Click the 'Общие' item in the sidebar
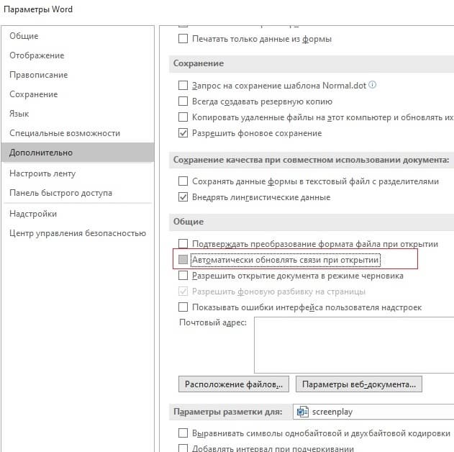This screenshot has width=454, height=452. coord(24,36)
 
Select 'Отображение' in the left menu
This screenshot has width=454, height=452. coord(37,55)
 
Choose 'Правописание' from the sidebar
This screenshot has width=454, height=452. coord(39,75)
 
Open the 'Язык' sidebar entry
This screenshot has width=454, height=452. coord(19,114)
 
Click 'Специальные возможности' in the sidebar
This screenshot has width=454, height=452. coord(65,133)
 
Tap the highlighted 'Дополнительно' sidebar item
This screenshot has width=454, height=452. coord(41,153)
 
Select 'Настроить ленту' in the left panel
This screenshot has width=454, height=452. coord(42,173)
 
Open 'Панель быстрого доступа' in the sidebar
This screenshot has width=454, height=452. coord(60,193)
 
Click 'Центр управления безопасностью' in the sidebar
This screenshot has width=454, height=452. coord(78,233)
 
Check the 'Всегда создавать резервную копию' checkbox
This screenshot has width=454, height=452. coord(183,101)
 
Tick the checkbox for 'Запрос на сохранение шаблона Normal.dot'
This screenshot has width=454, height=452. coord(183,85)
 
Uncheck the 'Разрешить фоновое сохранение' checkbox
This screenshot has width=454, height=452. coord(183,133)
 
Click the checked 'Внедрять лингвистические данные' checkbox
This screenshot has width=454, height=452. coord(183,197)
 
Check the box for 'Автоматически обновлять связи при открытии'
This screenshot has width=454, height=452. coord(183,259)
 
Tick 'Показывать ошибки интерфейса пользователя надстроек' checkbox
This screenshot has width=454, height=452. coord(183,307)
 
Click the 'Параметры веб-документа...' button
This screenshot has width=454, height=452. coord(358,384)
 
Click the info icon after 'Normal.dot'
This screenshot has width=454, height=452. coord(372,85)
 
